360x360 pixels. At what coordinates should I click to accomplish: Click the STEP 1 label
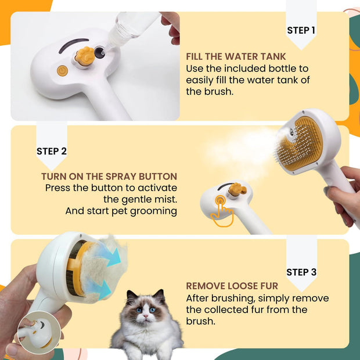pyautogui.click(x=301, y=30)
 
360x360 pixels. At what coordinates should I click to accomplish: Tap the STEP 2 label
pyautogui.click(x=52, y=151)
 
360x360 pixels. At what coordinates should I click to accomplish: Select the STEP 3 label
pyautogui.click(x=301, y=272)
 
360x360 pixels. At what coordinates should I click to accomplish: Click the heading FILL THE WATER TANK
pyautogui.click(x=236, y=57)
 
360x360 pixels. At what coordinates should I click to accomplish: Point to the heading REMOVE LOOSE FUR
pyautogui.click(x=232, y=286)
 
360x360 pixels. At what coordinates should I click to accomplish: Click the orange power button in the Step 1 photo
pyautogui.click(x=62, y=71)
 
